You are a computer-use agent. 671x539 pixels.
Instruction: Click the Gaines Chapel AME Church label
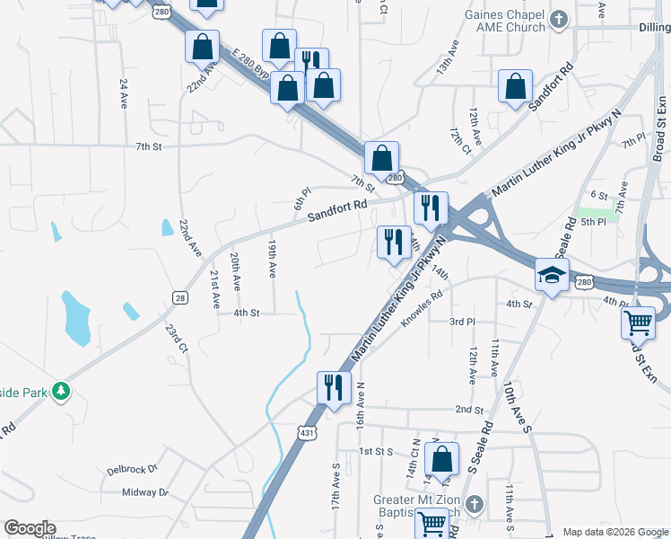pos(504,22)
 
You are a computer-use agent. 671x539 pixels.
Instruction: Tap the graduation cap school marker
pos(553,275)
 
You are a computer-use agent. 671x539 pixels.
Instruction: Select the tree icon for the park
pos(60,391)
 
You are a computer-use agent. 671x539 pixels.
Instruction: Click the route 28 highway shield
pos(179,297)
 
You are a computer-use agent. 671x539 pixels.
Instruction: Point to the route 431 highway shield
pos(307,434)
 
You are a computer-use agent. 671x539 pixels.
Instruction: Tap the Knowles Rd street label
pos(423,309)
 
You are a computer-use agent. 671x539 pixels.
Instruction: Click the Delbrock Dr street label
pos(132,469)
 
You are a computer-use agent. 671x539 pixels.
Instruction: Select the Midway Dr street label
pos(145,491)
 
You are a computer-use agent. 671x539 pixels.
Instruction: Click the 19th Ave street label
pos(272,257)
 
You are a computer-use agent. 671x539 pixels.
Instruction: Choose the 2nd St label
pos(469,409)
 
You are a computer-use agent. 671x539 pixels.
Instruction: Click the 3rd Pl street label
pos(462,321)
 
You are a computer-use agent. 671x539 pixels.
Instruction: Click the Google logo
pos(30,528)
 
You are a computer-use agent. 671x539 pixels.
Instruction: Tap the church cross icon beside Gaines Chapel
pos(558,19)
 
